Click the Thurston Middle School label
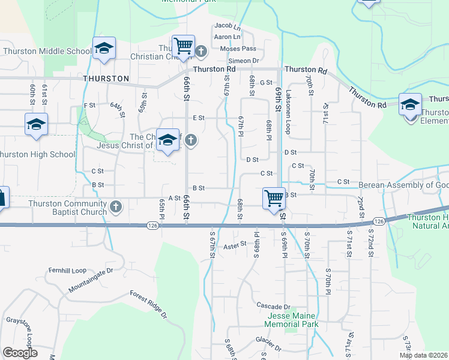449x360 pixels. (x=47, y=51)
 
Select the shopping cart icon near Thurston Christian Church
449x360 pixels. (x=182, y=46)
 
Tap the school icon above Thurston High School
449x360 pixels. (x=36, y=124)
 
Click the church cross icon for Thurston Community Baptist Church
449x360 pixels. (x=116, y=208)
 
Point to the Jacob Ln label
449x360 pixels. (x=228, y=26)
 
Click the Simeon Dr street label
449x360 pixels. (x=243, y=61)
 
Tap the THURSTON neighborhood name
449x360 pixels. (x=106, y=79)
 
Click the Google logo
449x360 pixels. (x=20, y=353)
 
